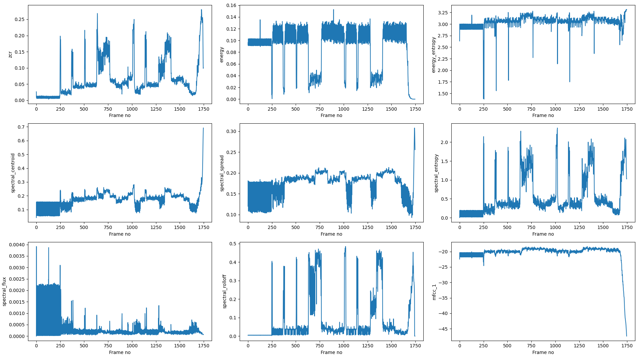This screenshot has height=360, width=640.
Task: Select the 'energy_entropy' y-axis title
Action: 434,55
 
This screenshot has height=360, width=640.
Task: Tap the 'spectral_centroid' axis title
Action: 13,173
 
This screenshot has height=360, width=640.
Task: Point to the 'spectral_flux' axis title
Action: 4,291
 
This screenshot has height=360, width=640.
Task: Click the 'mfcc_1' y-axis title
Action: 434,292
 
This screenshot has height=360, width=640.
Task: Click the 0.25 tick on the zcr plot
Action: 19,19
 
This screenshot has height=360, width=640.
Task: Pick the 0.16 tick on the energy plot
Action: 231,5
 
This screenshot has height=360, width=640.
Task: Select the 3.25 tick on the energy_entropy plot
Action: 442,13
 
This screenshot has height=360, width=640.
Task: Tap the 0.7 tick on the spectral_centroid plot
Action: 21,127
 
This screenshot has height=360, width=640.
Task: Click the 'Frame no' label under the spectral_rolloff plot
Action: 331,352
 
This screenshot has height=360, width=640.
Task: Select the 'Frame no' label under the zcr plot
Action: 120,115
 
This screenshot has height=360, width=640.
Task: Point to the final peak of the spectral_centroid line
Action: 203,128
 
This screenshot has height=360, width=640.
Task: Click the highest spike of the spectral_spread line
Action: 414,128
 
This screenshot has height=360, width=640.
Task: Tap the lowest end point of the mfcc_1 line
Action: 627,336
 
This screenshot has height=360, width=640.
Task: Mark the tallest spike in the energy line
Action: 333,10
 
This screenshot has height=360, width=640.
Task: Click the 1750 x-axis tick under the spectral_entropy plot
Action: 627,227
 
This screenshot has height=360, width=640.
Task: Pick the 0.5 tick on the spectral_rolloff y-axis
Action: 233,244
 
